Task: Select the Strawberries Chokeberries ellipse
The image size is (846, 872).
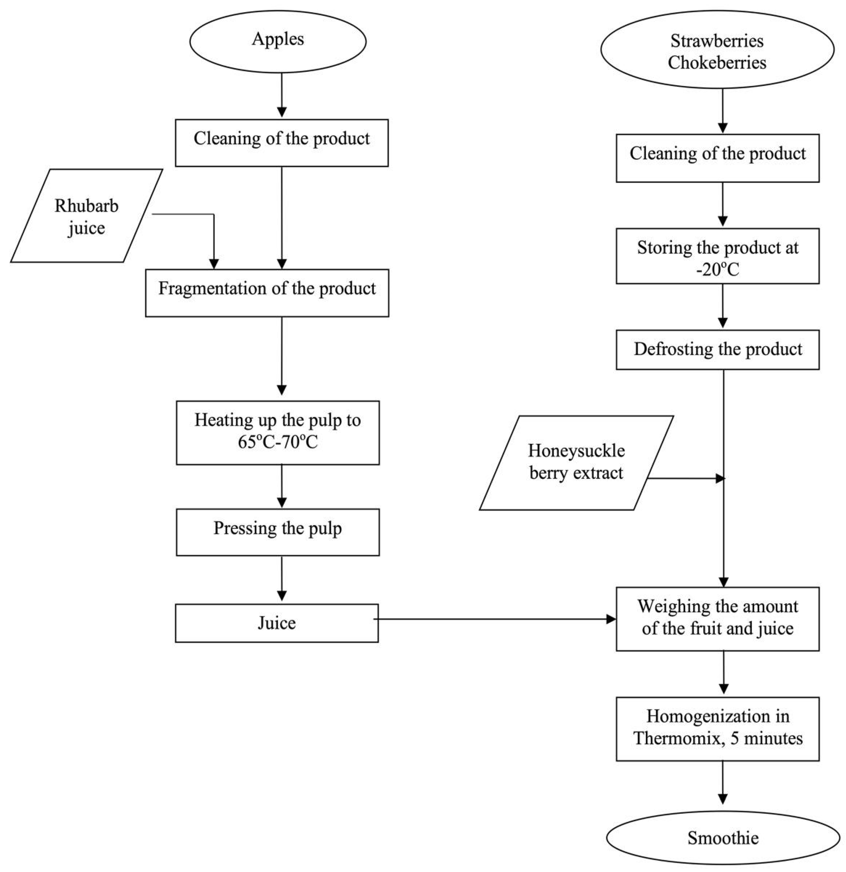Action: tap(717, 50)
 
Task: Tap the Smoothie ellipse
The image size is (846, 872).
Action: tap(723, 838)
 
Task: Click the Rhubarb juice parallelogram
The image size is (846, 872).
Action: tap(86, 216)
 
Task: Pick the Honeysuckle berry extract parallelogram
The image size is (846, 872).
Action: tap(576, 463)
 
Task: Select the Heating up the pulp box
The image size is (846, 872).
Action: tap(278, 432)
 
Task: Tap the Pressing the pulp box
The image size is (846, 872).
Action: tap(278, 532)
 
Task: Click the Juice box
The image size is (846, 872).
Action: tap(277, 623)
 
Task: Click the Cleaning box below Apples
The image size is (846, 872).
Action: tap(282, 143)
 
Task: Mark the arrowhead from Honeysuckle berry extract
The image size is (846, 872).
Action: tap(720, 479)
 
